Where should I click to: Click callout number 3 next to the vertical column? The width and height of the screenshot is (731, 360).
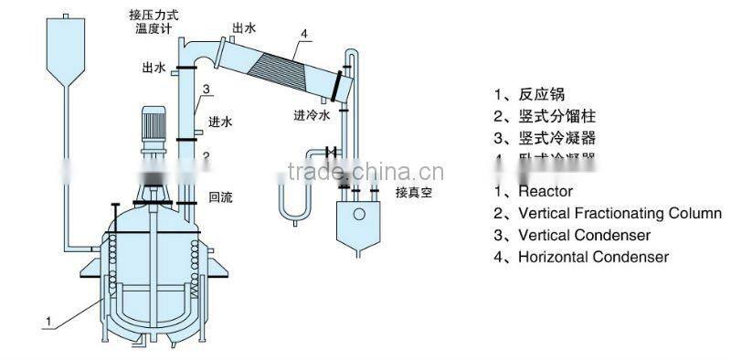(208, 90)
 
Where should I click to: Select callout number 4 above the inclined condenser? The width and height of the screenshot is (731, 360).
(305, 35)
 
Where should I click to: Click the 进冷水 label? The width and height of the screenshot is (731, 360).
(312, 116)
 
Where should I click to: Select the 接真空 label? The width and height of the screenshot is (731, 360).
(413, 193)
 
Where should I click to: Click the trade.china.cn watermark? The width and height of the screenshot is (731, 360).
(365, 173)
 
